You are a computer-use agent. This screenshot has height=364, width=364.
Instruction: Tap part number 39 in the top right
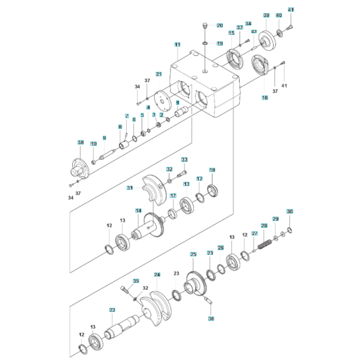[x=266, y=15]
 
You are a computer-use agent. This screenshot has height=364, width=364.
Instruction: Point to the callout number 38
[x=81, y=142]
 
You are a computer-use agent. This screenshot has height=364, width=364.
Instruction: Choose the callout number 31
[x=130, y=188]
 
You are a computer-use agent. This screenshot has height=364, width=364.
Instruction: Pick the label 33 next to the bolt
[x=184, y=160]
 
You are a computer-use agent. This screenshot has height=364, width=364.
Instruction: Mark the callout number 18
[x=212, y=170]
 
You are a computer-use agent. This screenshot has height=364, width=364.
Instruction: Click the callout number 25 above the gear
[x=193, y=253]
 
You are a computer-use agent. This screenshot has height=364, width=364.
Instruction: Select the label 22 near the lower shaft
[x=112, y=310]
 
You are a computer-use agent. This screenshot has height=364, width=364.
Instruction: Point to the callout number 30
[x=290, y=211]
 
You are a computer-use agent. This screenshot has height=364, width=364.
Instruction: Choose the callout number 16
[x=265, y=97]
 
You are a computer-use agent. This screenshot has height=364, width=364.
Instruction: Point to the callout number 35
[x=136, y=281]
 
